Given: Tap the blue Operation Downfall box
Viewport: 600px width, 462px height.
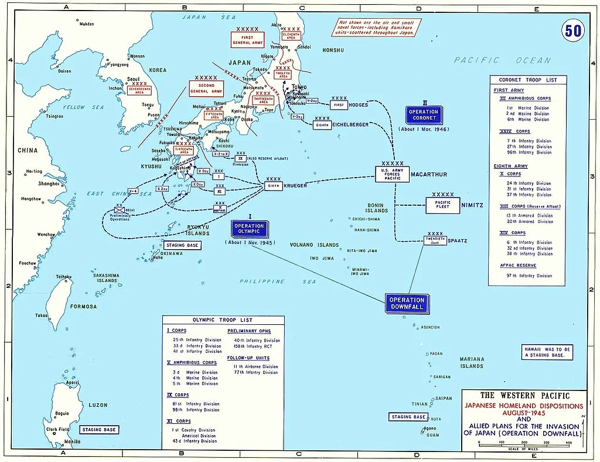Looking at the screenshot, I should coord(405,304).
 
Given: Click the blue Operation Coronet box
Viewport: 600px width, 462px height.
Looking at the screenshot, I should coord(424,114).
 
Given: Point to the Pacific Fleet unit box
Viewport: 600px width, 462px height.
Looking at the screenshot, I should coord(442,205).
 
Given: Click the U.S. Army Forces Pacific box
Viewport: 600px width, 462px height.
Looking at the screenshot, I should coord(393,174).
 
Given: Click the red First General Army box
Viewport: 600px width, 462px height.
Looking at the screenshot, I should coord(247,40).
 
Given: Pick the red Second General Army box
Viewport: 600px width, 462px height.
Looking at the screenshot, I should coord(206,88).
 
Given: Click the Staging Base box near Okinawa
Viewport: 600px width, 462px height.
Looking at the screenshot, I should coord(182,245).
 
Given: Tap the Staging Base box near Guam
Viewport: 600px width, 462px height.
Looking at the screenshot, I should coord(408,417).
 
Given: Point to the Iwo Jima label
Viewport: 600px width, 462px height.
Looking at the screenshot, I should coord(322,258).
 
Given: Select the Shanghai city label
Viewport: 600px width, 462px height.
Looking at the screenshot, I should coord(48,184).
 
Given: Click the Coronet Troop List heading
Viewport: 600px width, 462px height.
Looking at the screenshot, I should coord(528,80).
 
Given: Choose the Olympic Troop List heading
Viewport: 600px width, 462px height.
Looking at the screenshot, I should coord(223,320).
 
